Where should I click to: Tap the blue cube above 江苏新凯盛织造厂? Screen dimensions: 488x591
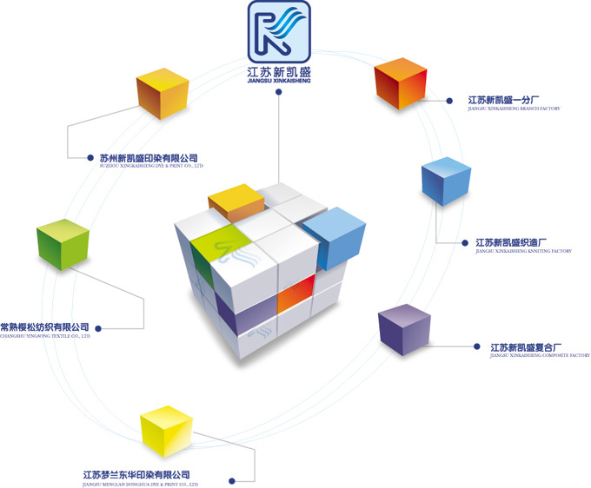coord(445,181)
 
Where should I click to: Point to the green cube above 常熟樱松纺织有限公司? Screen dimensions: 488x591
coord(63,245)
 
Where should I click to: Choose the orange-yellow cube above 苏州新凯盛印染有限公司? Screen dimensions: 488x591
coord(163,93)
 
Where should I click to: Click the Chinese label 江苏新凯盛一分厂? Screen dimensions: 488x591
coord(503,100)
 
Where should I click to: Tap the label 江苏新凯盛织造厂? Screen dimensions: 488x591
coord(511,242)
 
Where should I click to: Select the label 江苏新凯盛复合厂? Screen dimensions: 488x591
coord(526,347)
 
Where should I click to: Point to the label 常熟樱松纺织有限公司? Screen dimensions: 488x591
coord(45,326)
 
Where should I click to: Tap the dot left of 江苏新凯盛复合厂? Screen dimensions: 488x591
coord(475,346)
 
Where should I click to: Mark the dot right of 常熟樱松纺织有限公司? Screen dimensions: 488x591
coord(98,327)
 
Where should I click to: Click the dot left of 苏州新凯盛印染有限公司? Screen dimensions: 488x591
coord(90,158)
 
